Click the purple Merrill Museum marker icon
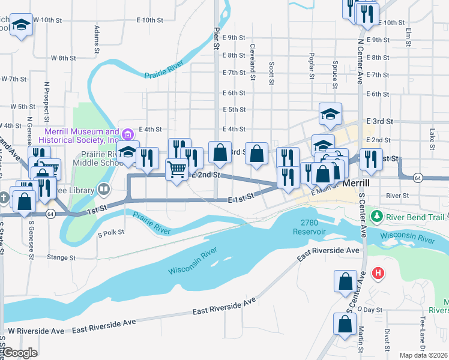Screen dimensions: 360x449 click(x=127, y=134)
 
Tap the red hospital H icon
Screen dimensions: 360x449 click(x=378, y=274)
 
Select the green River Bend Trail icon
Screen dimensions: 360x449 click(x=377, y=215)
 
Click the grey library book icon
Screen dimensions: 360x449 click(x=104, y=190)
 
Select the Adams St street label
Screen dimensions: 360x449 click(x=96, y=37)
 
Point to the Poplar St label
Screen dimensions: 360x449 click(x=312, y=65)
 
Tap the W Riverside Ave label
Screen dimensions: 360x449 click(x=35, y=331)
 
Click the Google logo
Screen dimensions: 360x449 click(x=19, y=353)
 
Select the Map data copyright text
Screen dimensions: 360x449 click(x=423, y=355)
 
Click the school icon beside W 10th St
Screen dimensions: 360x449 click(x=22, y=25)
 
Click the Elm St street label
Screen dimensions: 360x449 click(x=409, y=37)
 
